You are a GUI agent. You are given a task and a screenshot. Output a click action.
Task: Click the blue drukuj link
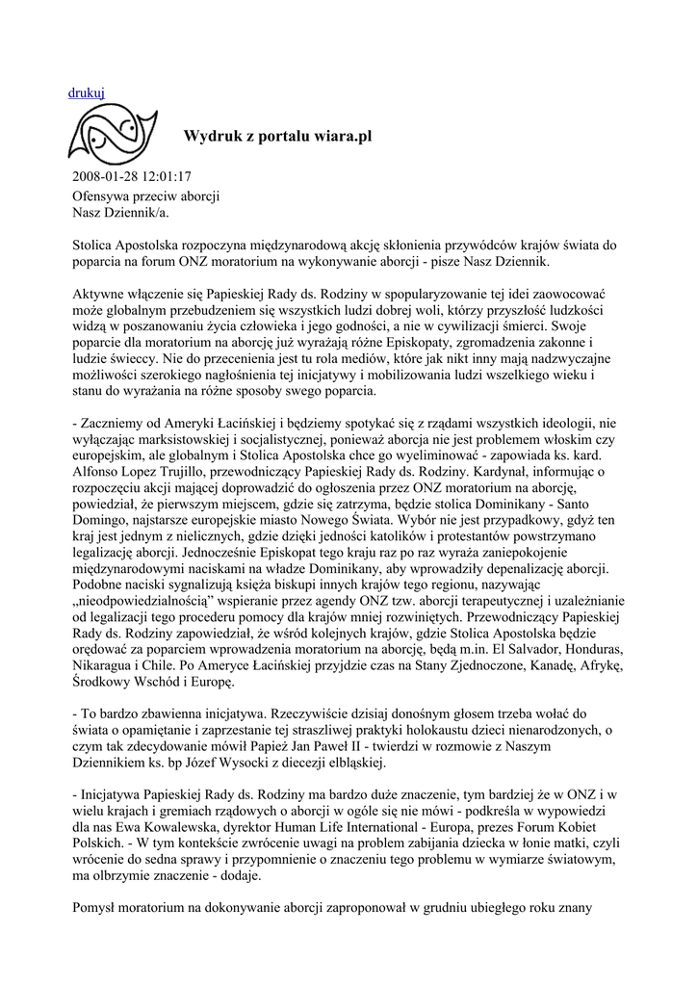click(87, 92)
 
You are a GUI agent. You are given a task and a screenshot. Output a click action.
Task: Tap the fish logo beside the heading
click(111, 134)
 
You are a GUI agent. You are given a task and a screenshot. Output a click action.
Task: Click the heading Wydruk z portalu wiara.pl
click(277, 137)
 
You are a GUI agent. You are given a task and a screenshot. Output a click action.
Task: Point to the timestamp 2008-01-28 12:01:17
click(132, 177)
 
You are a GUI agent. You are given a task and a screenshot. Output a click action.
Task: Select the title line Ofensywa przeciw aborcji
click(146, 195)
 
